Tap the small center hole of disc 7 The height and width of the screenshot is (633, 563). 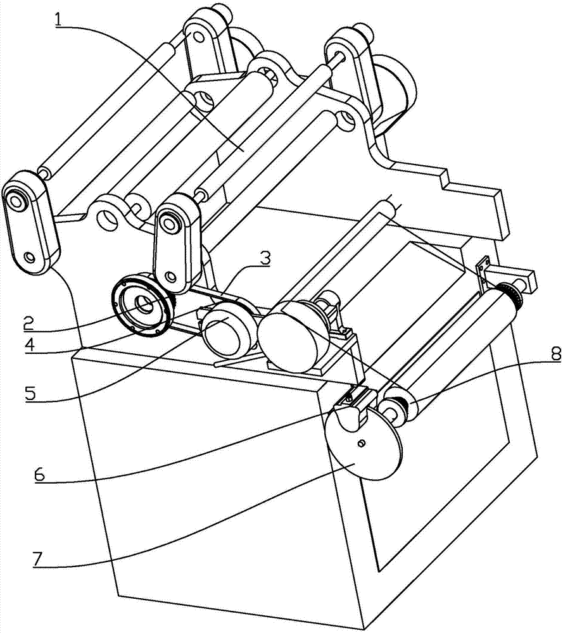point(362,444)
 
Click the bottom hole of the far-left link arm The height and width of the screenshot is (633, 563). point(28,257)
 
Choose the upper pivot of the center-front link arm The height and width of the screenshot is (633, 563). point(170,223)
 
